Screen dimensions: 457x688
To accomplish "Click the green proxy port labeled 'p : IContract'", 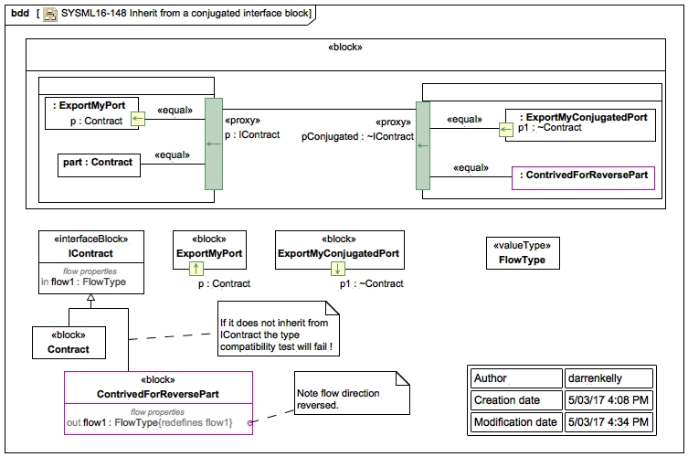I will [213, 143].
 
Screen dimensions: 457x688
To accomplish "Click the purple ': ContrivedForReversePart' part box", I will [583, 175].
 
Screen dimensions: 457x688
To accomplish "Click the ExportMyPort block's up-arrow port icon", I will [195, 268].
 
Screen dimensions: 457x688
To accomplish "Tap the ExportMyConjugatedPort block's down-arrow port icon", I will [337, 268].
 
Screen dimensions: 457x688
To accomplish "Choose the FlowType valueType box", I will [521, 252].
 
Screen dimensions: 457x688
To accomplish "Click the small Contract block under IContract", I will [69, 343].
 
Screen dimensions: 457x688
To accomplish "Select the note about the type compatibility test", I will [278, 335].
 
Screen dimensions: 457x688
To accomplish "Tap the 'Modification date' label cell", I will [515, 421].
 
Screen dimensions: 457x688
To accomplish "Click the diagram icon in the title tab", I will [49, 13].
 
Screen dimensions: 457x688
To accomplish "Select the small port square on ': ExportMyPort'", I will [136, 118].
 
